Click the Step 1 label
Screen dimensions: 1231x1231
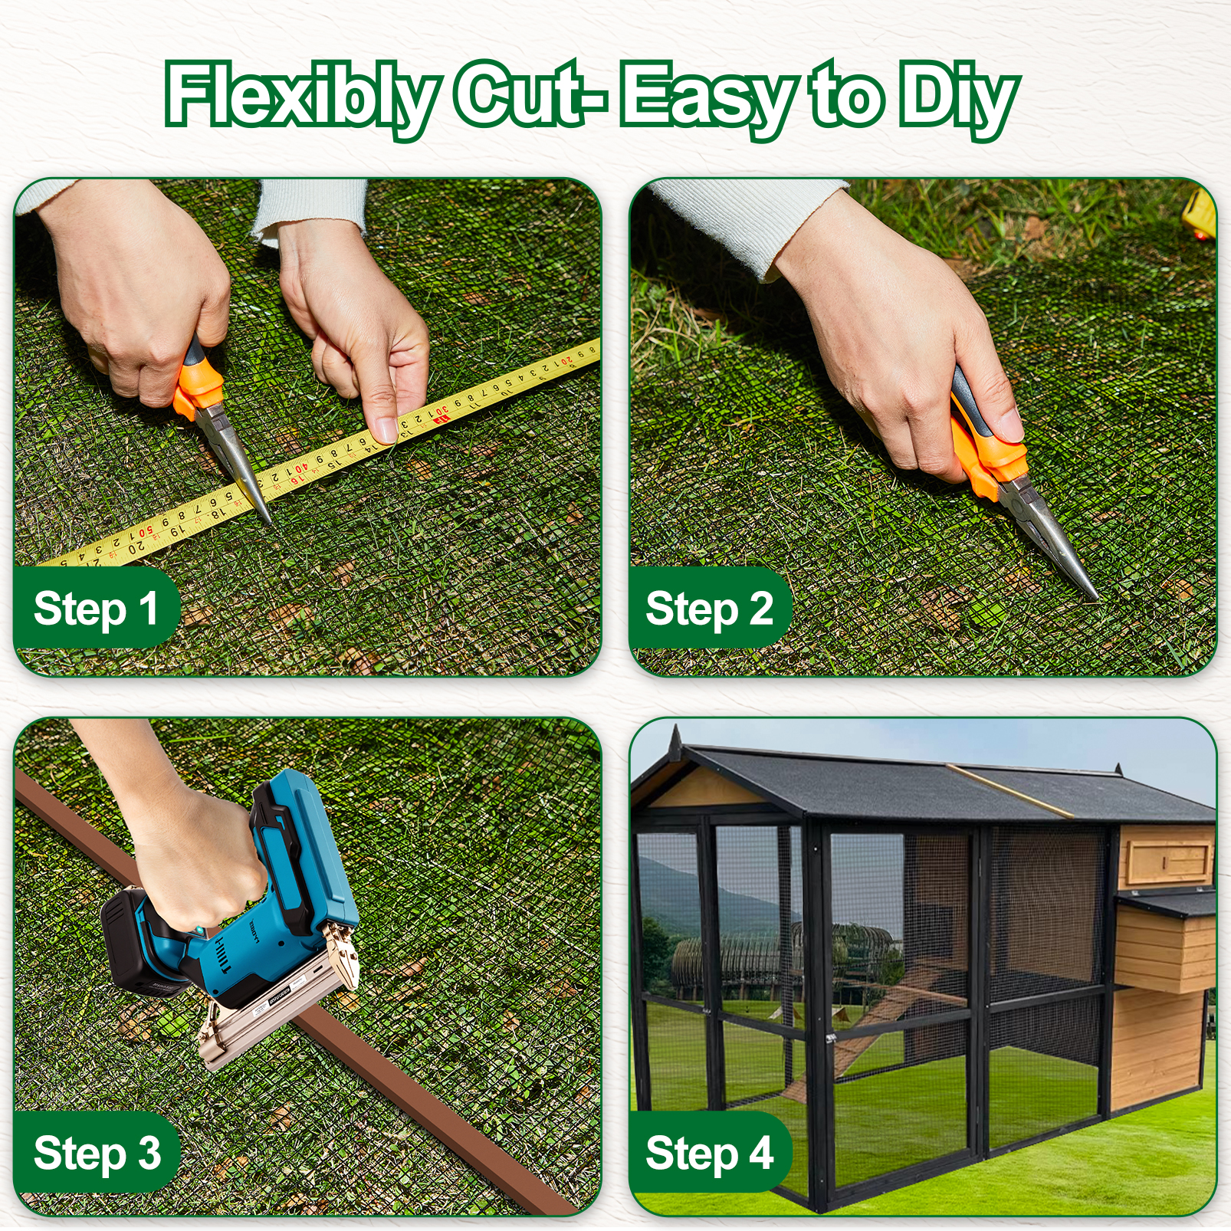(96, 609)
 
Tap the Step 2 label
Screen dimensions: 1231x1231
(709, 609)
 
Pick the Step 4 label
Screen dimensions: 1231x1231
(709, 1153)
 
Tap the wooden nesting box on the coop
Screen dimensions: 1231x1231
(1164, 943)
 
